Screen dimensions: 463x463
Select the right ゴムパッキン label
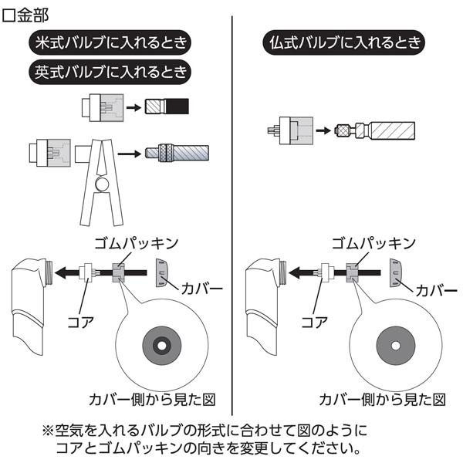pyautogui.click(x=369, y=244)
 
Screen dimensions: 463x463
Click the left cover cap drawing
pyautogui.click(x=160, y=272)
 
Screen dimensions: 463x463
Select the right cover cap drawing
pyautogui.click(x=396, y=272)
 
